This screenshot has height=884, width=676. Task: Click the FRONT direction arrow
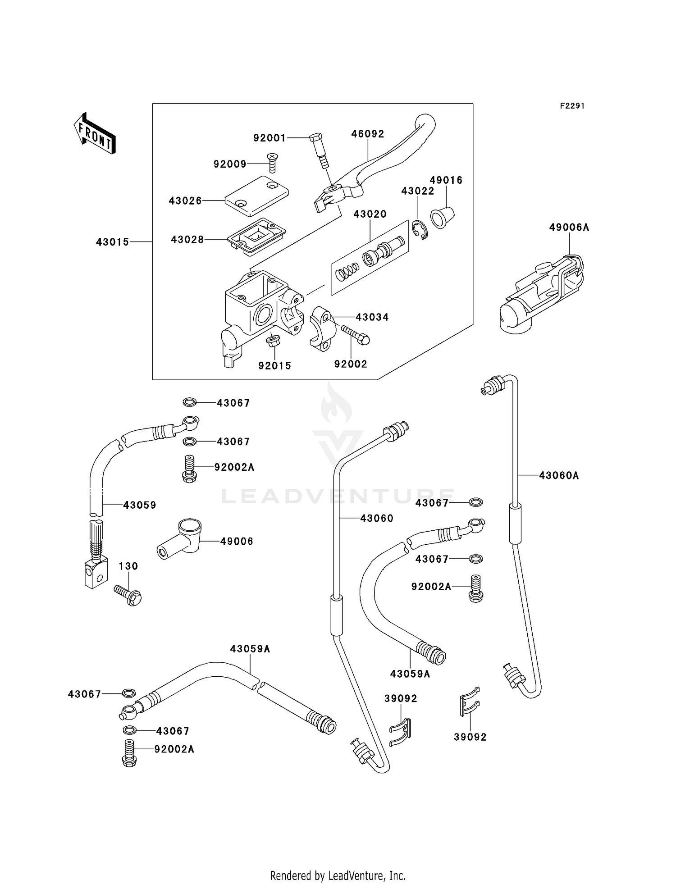pyautogui.click(x=95, y=134)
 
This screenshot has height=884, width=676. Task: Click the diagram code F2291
pyautogui.click(x=572, y=106)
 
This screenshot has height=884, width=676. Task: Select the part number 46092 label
pyautogui.click(x=368, y=134)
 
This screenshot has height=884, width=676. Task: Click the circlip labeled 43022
pyautogui.click(x=420, y=230)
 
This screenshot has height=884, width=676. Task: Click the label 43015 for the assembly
pyautogui.click(x=113, y=242)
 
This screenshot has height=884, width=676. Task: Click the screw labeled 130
pyautogui.click(x=128, y=594)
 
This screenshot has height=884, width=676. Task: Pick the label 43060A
pyautogui.click(x=558, y=475)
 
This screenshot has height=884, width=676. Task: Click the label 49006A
pyautogui.click(x=569, y=228)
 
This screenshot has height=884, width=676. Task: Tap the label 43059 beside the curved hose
pyautogui.click(x=140, y=505)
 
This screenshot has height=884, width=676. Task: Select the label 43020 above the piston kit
pyautogui.click(x=370, y=214)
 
